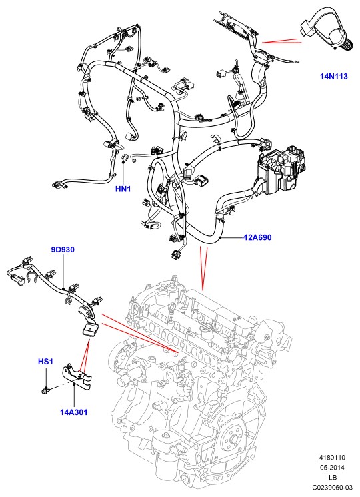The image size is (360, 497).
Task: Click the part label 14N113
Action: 334,76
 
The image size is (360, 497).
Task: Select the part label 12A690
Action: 257,237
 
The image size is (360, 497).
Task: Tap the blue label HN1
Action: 123,189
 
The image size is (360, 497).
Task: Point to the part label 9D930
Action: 63,250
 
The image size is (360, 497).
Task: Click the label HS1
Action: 46,362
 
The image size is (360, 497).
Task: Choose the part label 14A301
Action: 73,412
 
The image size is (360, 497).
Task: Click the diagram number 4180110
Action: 332,458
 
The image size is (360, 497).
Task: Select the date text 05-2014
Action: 332,468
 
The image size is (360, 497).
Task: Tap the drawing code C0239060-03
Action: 332,487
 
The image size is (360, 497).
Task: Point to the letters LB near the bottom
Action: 333,478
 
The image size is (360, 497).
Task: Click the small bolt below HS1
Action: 45,390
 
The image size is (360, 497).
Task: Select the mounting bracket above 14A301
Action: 76,378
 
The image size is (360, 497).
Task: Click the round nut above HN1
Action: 125,157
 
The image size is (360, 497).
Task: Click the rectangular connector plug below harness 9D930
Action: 91,330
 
